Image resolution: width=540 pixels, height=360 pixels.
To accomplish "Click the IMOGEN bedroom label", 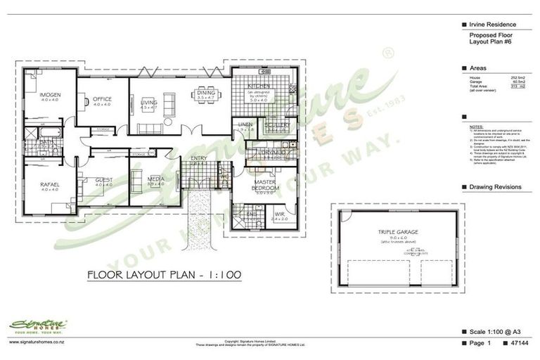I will click(x=50, y=94).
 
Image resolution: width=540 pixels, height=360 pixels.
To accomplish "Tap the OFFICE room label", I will click(x=102, y=99).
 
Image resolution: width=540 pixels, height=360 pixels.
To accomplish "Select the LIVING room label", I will click(x=149, y=103).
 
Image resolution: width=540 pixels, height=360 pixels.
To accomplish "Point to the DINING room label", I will click(x=206, y=93).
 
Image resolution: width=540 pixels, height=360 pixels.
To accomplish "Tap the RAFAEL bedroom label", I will click(x=49, y=184).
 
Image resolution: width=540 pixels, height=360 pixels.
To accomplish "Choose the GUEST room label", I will click(x=104, y=181).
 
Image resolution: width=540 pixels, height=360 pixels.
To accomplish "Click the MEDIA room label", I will click(x=156, y=179).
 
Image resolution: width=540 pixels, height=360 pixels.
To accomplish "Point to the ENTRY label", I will click(x=198, y=158).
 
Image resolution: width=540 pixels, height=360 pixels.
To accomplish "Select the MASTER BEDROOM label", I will click(x=266, y=184).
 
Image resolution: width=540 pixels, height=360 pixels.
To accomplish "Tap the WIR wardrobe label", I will click(x=278, y=214).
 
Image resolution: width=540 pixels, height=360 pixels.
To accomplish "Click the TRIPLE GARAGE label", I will click(x=398, y=231).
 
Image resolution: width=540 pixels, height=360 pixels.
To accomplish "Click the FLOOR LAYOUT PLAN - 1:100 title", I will click(x=165, y=274).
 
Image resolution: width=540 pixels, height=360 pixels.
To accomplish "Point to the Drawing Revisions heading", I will click(x=496, y=187).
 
